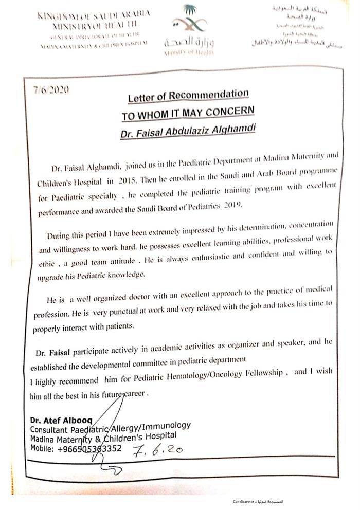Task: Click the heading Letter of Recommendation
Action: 189,95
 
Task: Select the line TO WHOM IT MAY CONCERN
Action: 188,113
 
